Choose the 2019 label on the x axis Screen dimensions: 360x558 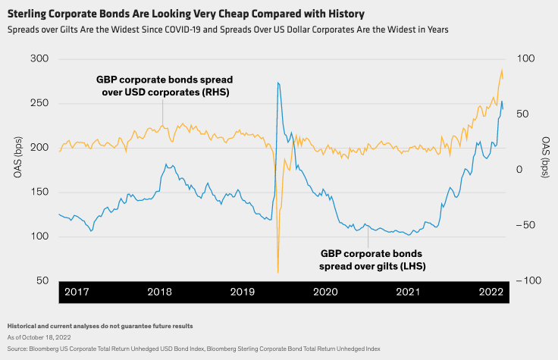tap(242, 292)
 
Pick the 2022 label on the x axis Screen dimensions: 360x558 tap(491, 292)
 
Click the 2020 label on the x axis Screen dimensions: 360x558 tap(325, 292)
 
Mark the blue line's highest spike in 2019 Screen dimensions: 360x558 tap(278, 83)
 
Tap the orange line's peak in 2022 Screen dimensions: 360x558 tap(501, 70)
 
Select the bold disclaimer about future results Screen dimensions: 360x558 tap(99, 326)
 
